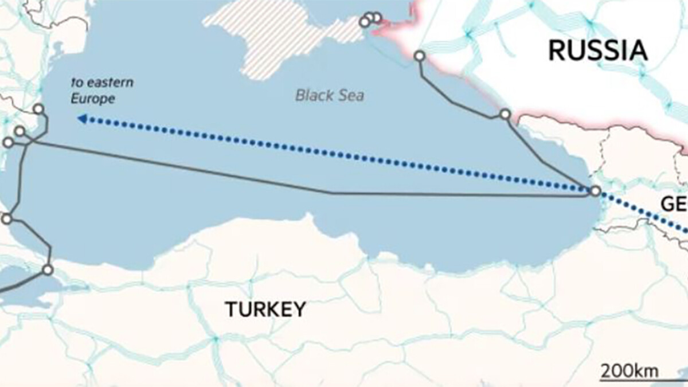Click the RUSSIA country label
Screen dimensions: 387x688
point(598,50)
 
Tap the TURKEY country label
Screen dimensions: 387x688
point(265,310)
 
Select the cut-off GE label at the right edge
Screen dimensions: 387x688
point(674,204)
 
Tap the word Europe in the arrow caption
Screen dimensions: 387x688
point(93,99)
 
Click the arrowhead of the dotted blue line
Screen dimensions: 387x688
point(82,119)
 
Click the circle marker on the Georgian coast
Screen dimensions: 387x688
point(595,191)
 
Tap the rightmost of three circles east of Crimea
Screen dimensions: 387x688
point(377,17)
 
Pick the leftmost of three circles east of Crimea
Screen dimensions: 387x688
point(364,22)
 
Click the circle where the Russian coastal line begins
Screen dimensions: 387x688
point(420,56)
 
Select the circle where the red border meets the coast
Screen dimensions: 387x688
point(505,114)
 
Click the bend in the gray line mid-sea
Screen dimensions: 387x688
point(333,193)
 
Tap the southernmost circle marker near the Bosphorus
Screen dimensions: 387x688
point(48,269)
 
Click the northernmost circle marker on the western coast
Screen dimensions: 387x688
point(38,109)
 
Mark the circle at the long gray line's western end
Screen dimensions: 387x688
point(8,142)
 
